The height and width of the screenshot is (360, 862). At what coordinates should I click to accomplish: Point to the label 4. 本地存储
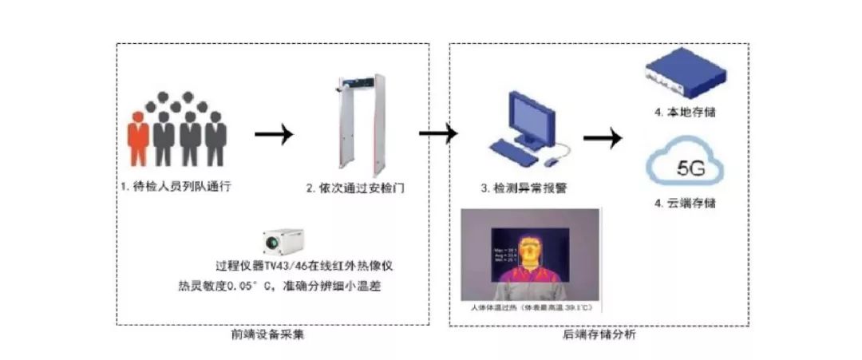pos(684,113)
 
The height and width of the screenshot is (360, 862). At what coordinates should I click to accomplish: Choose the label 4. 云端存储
pos(684,204)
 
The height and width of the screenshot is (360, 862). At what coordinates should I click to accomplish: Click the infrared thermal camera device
pos(283,239)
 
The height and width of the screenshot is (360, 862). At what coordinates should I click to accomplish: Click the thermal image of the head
pos(528,251)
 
